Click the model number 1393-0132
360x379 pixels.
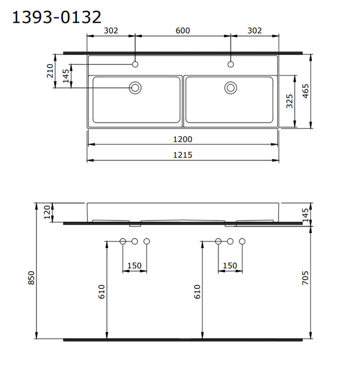(x=57, y=17)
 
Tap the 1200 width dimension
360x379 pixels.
(x=183, y=139)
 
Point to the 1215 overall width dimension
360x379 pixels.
(x=183, y=154)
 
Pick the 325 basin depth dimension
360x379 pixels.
(x=289, y=102)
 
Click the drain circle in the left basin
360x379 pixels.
(x=135, y=88)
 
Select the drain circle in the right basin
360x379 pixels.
(x=231, y=88)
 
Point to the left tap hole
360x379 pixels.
(x=135, y=64)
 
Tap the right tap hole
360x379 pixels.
(x=231, y=64)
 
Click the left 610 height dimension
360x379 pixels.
(x=102, y=291)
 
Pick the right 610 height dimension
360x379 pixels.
(x=197, y=291)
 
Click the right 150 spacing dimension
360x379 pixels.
(x=230, y=265)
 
